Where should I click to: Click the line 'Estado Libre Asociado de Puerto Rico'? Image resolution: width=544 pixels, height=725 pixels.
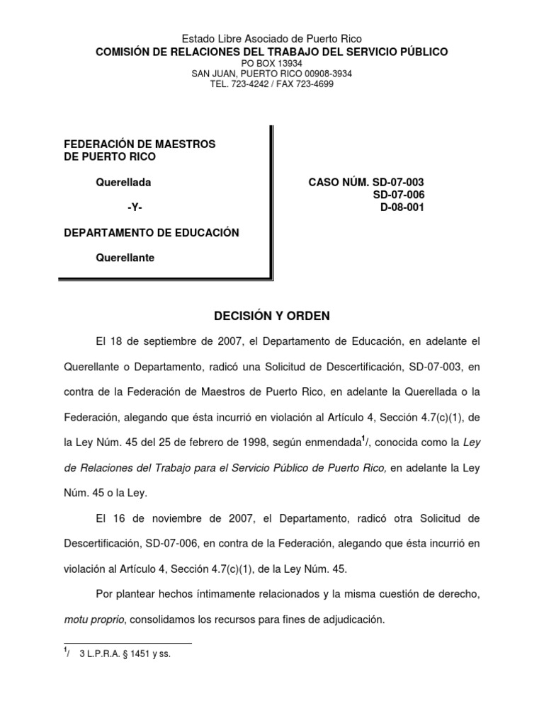pyautogui.click(x=272, y=40)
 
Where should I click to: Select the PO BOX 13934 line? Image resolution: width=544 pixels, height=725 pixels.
pyautogui.click(x=272, y=63)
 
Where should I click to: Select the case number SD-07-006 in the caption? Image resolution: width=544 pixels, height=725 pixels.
pyautogui.click(x=398, y=195)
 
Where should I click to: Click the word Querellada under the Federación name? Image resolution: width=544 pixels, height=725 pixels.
pyautogui.click(x=123, y=183)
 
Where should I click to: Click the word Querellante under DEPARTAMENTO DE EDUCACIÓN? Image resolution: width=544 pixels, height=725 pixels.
pyautogui.click(x=125, y=258)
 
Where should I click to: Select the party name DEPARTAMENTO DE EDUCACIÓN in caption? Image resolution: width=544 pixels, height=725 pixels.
pyautogui.click(x=152, y=233)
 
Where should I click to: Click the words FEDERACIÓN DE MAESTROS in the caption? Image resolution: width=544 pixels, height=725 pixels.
pyautogui.click(x=140, y=144)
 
